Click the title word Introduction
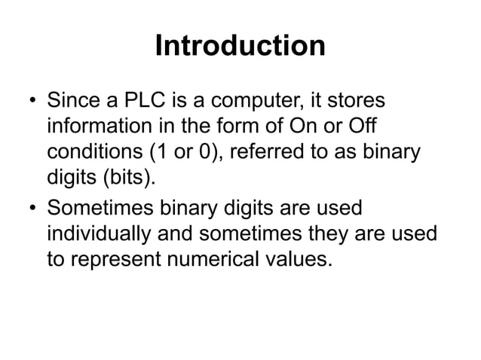240,47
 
